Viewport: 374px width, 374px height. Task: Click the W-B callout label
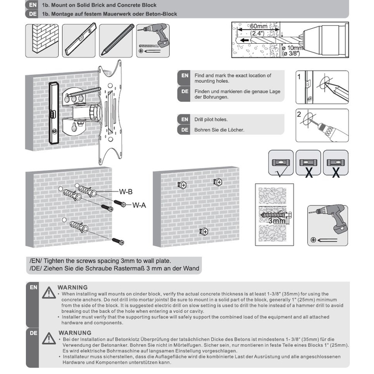pos(125,192)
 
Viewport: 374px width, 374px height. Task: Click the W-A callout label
pos(139,205)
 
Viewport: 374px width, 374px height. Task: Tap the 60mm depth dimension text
pos(258,26)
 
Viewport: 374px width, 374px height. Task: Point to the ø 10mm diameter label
pos(292,48)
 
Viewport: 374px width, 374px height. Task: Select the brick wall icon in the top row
pos(42,40)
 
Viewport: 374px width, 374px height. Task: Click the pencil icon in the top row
pos(116,40)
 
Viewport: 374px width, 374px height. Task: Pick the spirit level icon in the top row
pos(79,40)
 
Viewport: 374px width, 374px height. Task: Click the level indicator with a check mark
pos(281,163)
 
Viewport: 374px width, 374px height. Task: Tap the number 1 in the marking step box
pos(299,77)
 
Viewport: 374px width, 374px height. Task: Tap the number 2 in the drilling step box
pos(299,115)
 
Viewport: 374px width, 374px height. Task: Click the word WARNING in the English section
pos(72,287)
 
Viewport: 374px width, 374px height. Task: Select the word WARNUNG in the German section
pos(75,333)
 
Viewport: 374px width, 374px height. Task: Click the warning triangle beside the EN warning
pos(49,293)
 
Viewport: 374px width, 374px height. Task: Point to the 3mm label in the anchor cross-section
pos(277,220)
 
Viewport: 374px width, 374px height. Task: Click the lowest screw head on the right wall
pos(204,231)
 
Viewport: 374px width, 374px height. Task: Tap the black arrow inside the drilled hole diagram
pos(245,40)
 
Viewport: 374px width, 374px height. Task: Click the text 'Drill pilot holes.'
pos(211,119)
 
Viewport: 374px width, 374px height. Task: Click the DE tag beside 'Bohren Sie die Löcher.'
pos(184,130)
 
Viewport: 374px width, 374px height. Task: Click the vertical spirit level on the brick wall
pos(54,113)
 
